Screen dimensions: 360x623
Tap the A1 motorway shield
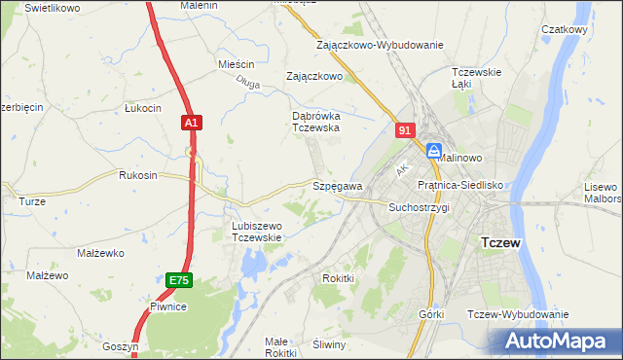coord(191,123)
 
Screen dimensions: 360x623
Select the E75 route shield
coord(178,280)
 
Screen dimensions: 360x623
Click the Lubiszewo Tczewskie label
coord(256,232)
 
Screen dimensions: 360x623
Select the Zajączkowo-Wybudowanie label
coord(380,45)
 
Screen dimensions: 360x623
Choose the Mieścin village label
coord(236,64)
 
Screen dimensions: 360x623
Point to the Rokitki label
coord(338,278)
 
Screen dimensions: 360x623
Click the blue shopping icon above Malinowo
coord(433,149)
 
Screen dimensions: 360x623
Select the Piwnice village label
coord(167,306)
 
